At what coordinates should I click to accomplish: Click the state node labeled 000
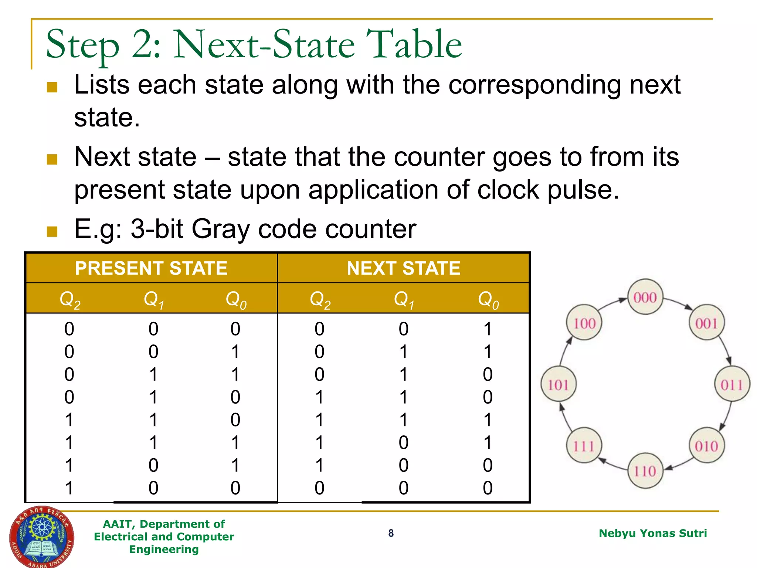pos(645,297)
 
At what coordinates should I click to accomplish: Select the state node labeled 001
pos(706,323)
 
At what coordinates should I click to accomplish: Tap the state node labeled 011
pos(732,384)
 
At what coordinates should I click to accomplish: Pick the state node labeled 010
pos(706,446)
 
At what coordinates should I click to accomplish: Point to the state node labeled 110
pos(645,471)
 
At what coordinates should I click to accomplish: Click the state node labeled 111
pos(584,446)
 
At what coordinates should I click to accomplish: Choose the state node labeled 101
pos(558,385)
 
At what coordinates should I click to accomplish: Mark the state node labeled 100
pos(584,323)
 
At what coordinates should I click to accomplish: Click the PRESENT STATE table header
pos(151,268)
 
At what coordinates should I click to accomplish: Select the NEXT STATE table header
pos(404,268)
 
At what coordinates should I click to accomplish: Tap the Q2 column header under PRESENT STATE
pos(70,299)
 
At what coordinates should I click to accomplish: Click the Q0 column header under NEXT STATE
pos(488,299)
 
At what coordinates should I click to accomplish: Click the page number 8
pos(391,533)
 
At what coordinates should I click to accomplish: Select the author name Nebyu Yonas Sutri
pos(653,533)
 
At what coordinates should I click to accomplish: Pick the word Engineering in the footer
pos(164,550)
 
